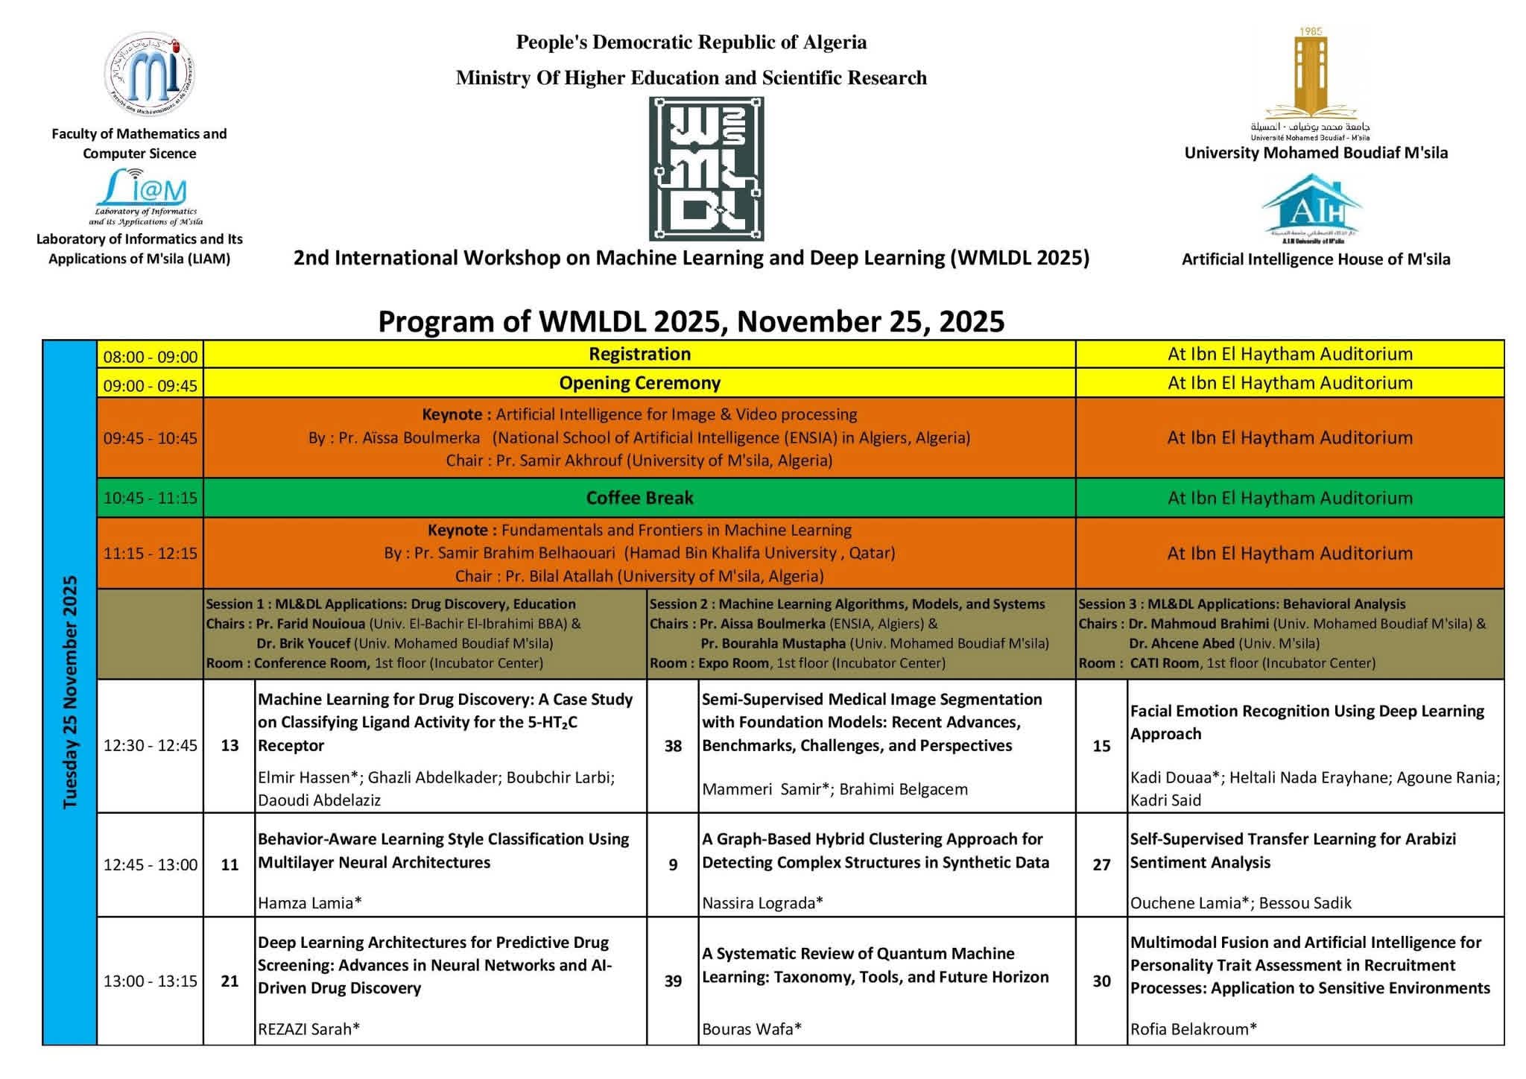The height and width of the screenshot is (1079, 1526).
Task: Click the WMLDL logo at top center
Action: coord(706,168)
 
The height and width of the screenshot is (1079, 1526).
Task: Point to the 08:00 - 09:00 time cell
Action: coord(151,356)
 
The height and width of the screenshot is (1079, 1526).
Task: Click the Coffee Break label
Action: coord(639,498)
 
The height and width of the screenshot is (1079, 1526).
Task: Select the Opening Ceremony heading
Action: coord(639,383)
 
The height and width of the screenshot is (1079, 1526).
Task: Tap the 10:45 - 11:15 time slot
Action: coord(151,498)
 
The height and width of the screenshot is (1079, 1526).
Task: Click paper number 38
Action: coord(673,746)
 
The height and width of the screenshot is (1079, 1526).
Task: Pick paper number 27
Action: coord(1101,864)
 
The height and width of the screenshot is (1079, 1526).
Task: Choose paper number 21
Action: coord(229,981)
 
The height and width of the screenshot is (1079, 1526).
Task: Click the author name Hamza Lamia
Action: coord(309,903)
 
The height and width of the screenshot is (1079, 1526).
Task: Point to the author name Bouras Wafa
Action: coord(751,1029)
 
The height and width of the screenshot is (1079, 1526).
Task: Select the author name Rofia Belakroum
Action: coord(1193,1029)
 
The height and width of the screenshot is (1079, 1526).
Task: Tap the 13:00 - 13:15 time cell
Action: coord(151,981)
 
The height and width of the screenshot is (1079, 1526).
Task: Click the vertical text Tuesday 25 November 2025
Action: coord(70,692)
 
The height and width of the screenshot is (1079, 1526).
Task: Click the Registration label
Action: coord(639,354)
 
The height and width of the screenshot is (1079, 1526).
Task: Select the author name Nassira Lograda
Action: coord(762,903)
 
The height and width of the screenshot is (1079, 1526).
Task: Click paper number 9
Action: coord(673,864)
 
